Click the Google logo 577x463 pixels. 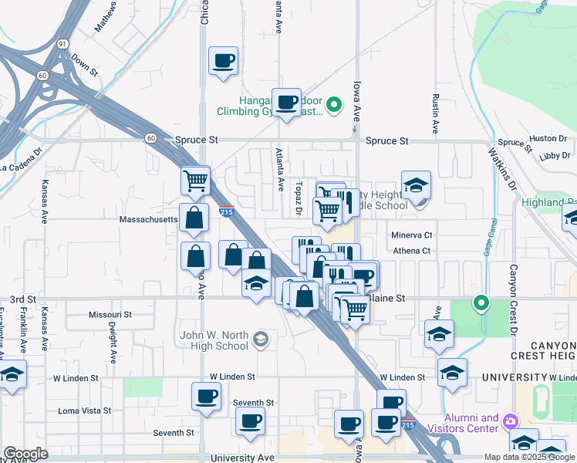tap(25, 454)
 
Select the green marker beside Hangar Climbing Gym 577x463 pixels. tap(334, 105)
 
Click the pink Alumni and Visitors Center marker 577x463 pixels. tap(510, 422)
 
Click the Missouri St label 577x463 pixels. tap(110, 315)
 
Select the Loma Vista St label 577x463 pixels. tap(85, 411)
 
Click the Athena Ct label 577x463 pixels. tap(412, 251)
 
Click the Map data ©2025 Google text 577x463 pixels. tap(528, 457)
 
